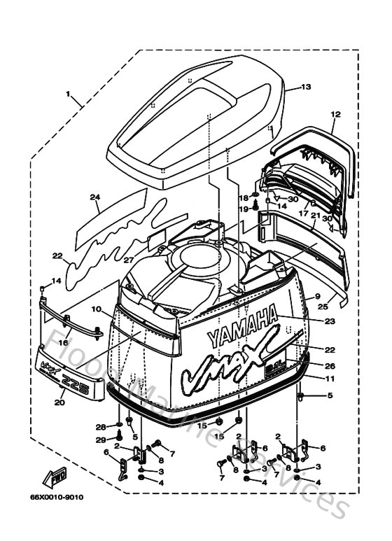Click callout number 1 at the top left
[69, 93]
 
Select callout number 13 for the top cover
[305, 87]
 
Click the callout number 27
[148, 260]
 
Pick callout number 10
[97, 309]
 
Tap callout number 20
[58, 402]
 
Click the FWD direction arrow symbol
[55, 479]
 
